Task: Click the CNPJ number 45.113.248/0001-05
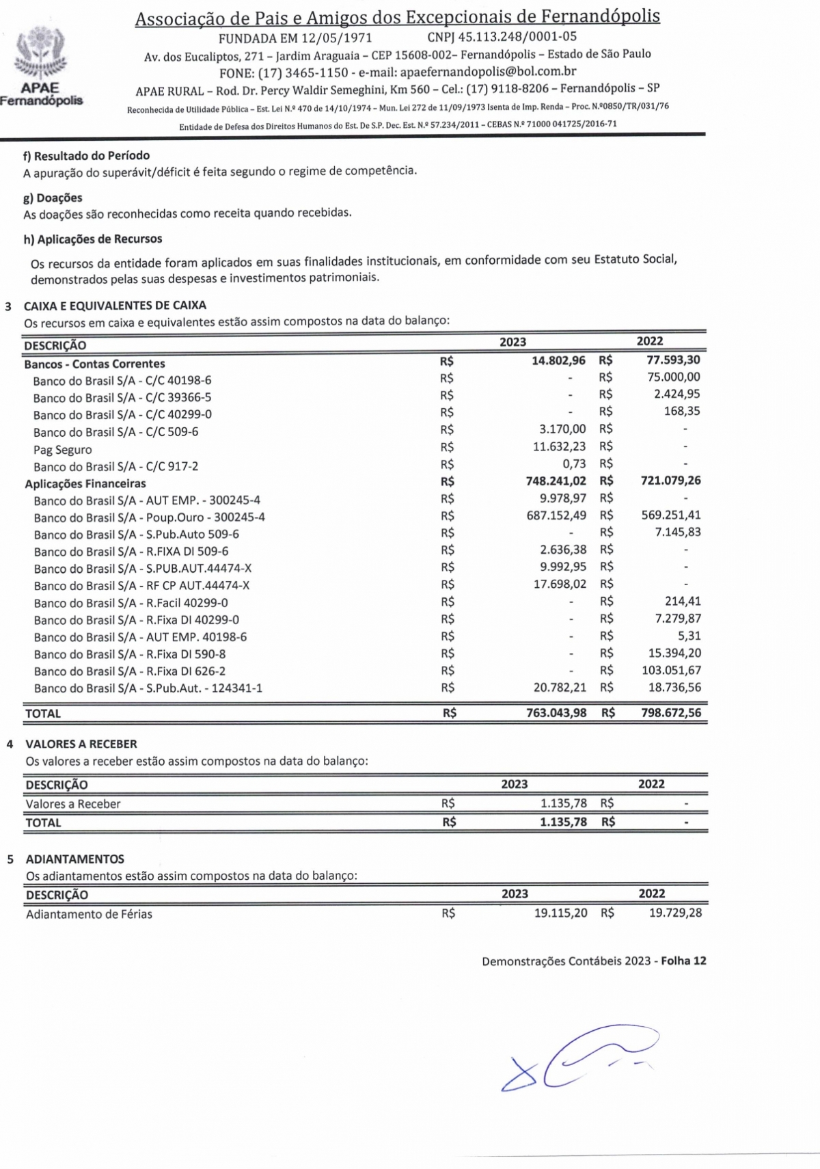(502, 37)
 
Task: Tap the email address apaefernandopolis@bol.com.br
(488, 71)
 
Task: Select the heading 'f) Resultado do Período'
(86, 156)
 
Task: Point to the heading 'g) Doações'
(53, 198)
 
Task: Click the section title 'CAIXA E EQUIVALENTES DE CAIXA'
(115, 306)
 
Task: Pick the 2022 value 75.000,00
(673, 377)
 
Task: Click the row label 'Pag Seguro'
(62, 450)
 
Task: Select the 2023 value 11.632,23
(559, 446)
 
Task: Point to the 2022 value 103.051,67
(671, 670)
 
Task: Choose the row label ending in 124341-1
(148, 688)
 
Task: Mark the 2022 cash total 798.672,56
(670, 712)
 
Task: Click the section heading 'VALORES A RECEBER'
(81, 744)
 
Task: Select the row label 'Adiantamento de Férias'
(89, 914)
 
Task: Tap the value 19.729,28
(674, 913)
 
